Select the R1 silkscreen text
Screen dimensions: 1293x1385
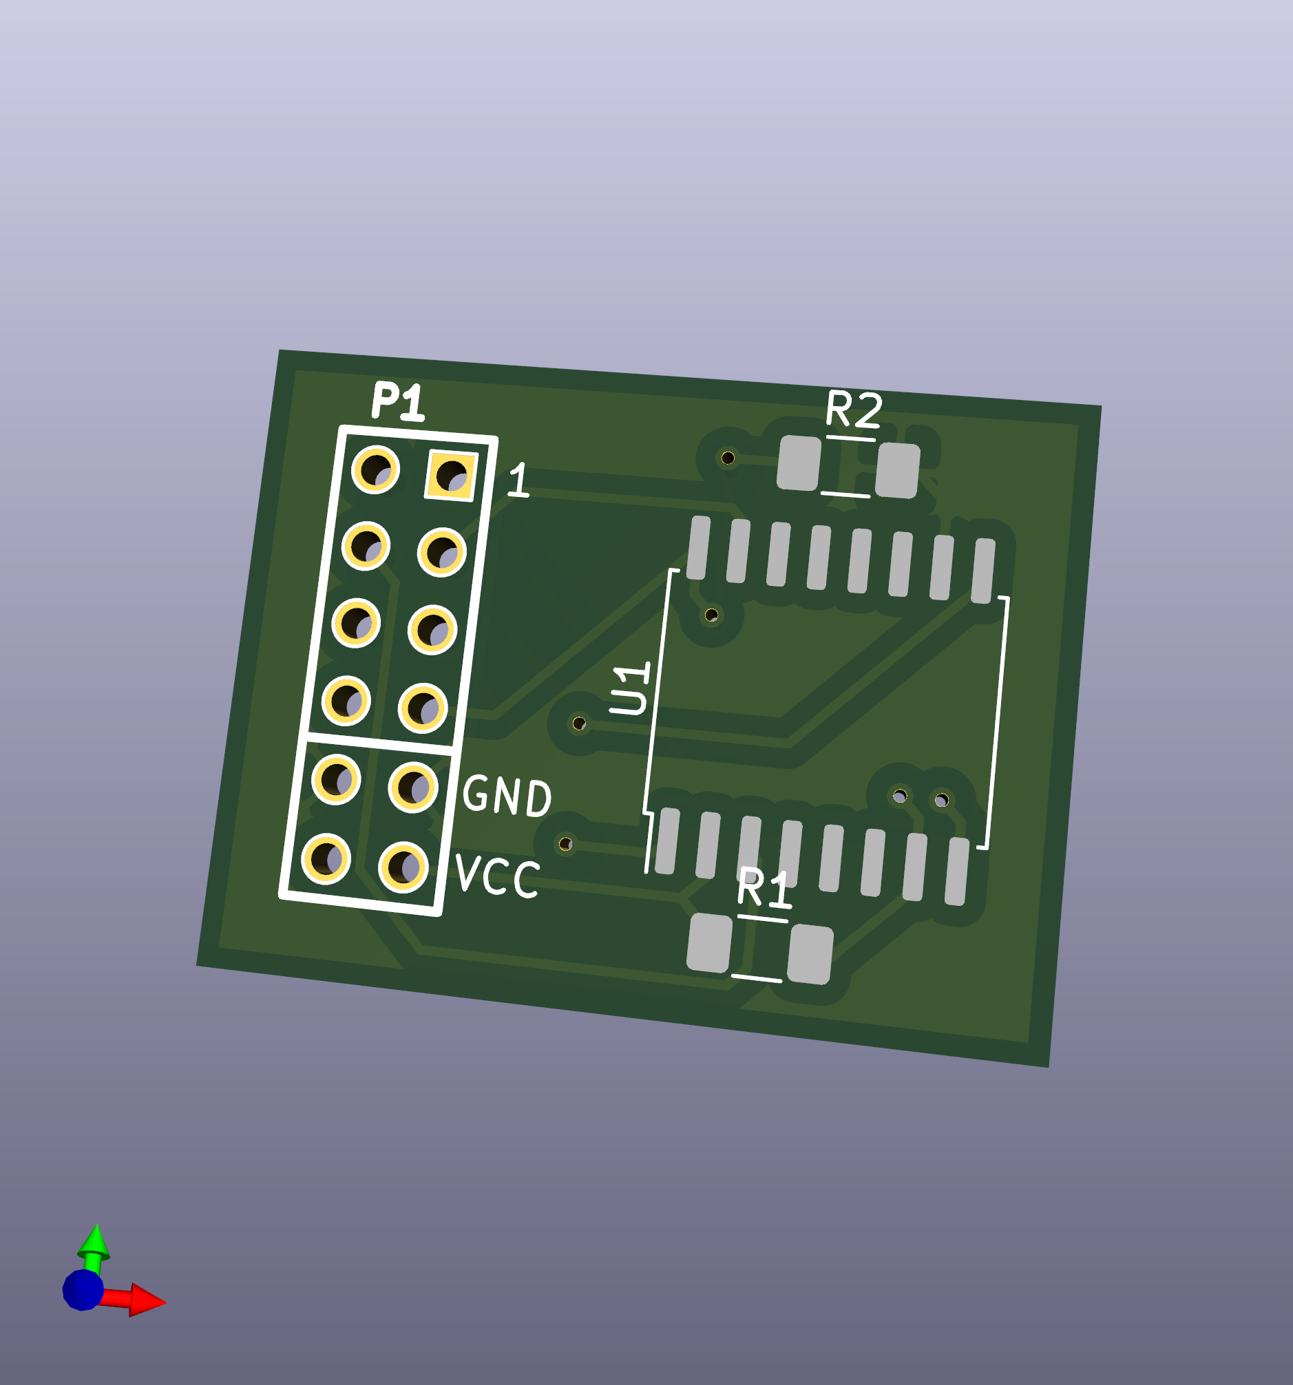coord(765,888)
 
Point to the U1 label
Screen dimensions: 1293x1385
coord(631,688)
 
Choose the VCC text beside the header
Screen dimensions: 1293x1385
coord(497,876)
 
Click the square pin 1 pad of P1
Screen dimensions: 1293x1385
coord(452,476)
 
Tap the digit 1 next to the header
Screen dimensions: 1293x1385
coord(518,480)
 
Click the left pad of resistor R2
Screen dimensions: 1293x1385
coord(799,463)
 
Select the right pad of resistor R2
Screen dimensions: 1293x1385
coord(897,471)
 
